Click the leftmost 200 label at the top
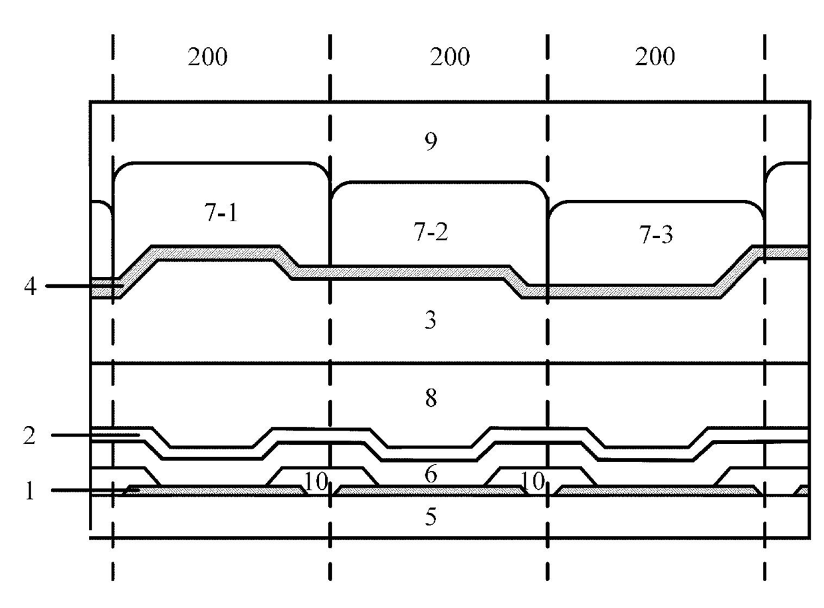click(x=207, y=57)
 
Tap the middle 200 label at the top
click(x=449, y=57)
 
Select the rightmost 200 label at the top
click(x=655, y=57)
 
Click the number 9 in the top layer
click(x=431, y=142)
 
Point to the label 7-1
click(x=221, y=213)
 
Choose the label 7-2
click(x=431, y=231)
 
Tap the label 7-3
click(x=656, y=235)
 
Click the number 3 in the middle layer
click(x=430, y=320)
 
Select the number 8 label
click(x=431, y=398)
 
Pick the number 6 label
click(x=431, y=474)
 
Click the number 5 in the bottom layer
click(x=431, y=516)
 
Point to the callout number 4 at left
click(x=31, y=286)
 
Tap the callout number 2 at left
click(x=29, y=435)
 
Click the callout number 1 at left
click(x=30, y=490)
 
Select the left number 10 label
click(x=316, y=481)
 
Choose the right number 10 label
click(x=532, y=481)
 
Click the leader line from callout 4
click(x=84, y=286)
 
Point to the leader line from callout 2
click(x=96, y=435)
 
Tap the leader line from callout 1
click(x=95, y=490)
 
